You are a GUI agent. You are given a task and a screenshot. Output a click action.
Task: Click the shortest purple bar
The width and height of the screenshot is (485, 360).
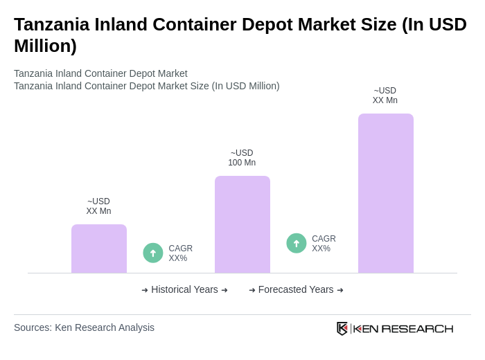tap(99, 249)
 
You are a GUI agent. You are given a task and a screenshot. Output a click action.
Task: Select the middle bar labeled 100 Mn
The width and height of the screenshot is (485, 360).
tap(242, 224)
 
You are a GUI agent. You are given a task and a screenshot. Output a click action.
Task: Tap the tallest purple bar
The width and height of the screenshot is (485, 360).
tap(386, 193)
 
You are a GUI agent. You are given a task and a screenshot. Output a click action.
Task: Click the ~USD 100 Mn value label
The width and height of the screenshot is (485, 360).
tap(242, 158)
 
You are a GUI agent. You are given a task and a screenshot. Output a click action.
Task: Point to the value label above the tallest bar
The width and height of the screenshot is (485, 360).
tap(385, 96)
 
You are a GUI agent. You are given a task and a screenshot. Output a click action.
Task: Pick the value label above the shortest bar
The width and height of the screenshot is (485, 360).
tap(98, 206)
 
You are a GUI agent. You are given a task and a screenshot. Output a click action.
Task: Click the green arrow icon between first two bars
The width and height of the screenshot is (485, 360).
tap(153, 253)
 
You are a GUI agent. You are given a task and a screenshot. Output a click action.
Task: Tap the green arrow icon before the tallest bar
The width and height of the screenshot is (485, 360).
tap(297, 243)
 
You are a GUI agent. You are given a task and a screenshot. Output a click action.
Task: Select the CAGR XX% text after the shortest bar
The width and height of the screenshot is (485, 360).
tap(180, 253)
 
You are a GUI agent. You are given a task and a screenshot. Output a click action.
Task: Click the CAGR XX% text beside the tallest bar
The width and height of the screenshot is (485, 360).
tap(324, 244)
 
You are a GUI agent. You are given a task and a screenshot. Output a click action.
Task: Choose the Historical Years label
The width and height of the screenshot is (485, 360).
tap(184, 289)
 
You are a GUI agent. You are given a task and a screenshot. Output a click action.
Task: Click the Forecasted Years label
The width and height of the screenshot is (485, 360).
tap(296, 289)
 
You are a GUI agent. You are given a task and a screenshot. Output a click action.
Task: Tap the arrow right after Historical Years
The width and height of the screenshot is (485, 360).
tap(224, 290)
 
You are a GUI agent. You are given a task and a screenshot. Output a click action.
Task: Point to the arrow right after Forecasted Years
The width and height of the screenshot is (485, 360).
tap(340, 290)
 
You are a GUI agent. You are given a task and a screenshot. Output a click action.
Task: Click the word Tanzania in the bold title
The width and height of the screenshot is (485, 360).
tap(52, 24)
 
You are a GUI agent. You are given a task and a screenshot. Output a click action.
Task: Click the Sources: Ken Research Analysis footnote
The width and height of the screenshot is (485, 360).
tap(84, 327)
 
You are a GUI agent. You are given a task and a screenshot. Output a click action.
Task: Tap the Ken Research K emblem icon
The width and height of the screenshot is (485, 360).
tap(342, 328)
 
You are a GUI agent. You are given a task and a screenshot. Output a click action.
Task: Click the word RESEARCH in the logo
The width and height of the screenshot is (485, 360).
tap(417, 329)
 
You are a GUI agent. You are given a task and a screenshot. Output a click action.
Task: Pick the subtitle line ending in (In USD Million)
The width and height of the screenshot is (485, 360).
tap(147, 86)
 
